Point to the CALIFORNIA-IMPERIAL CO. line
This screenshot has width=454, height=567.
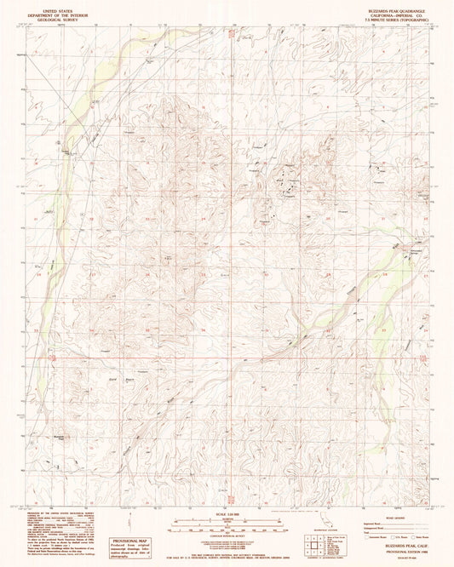pos(399,10)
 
